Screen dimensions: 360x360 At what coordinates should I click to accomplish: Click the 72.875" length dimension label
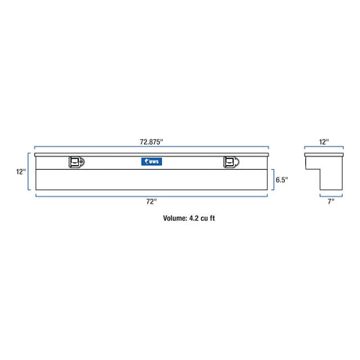(x=151, y=142)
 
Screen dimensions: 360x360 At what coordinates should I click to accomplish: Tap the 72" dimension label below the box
(x=152, y=201)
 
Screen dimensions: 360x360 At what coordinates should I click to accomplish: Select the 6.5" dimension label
(x=282, y=180)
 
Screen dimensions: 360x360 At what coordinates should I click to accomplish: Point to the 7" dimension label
(x=331, y=201)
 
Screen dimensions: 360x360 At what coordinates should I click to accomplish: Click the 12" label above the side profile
(x=324, y=142)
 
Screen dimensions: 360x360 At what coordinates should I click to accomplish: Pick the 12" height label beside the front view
(x=21, y=171)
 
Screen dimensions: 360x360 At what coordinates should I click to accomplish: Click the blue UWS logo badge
(x=152, y=161)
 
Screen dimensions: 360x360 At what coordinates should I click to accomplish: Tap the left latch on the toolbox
(x=77, y=162)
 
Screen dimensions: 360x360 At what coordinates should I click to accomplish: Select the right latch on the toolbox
(x=231, y=162)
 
